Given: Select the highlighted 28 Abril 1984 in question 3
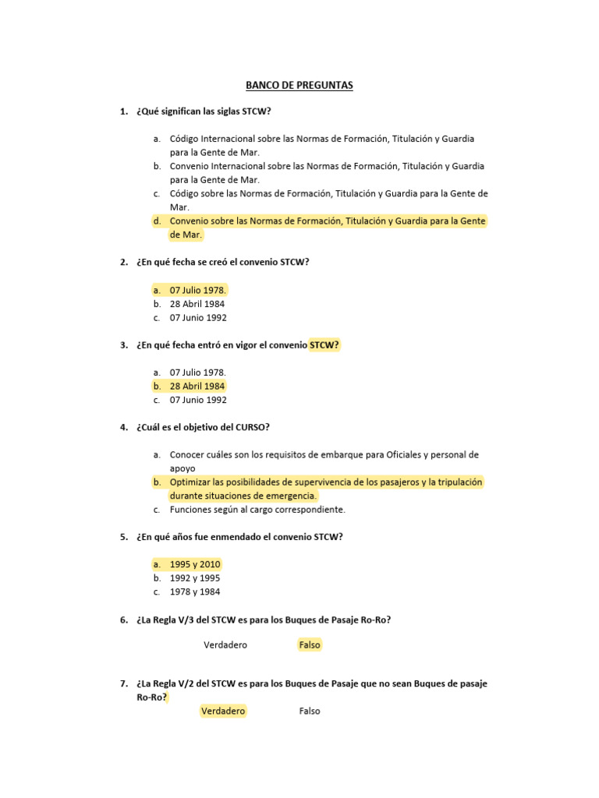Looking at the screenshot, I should pos(197,386).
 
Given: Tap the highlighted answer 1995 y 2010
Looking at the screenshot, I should pos(195,564).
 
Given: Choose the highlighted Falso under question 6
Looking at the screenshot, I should pos(310,644).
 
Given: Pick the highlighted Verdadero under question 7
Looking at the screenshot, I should pos(223,711).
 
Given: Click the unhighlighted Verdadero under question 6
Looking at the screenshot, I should pos(225,644).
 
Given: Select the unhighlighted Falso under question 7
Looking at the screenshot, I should pos(310,711).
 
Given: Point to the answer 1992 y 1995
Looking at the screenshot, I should pos(195,578).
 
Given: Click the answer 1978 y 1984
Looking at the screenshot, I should pos(195,591).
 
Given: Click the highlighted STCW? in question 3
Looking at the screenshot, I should pos(324,344).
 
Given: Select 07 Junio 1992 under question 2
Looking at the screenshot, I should pos(198,318).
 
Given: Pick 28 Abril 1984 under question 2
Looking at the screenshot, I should pos(197,304).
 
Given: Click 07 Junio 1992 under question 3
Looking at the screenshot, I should pos(198,400).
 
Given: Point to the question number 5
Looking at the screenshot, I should pos(124,537).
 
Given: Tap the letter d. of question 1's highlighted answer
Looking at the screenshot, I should pos(157,221).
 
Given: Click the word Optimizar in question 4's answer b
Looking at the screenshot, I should pos(190,482).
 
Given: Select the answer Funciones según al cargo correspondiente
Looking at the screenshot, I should pos(257,510).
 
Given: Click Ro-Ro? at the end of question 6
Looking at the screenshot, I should pos(376,620).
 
